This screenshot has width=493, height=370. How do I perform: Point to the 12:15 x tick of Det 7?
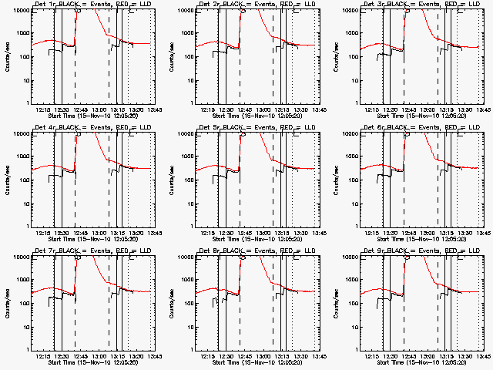point(43,356)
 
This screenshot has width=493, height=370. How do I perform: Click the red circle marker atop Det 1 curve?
point(78,10)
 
